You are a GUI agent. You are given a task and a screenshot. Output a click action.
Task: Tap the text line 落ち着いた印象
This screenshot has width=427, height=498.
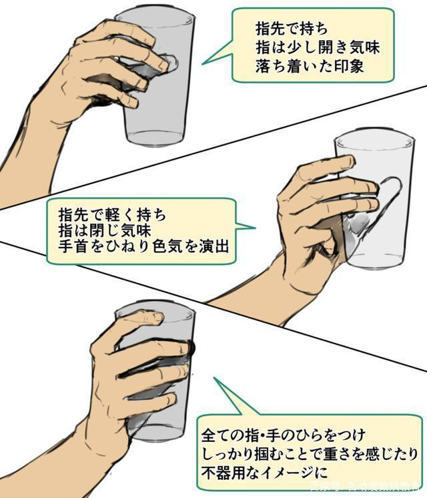click(x=302, y=67)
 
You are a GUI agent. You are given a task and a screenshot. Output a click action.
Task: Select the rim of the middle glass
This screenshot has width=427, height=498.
click(x=374, y=140)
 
